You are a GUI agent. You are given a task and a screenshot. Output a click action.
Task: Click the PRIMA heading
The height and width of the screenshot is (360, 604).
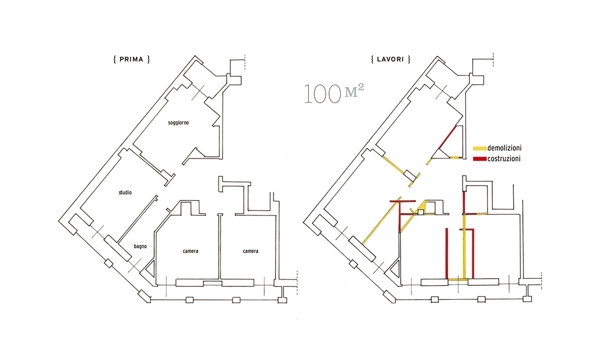point(131,59)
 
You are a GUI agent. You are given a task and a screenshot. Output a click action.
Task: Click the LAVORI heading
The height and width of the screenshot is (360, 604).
point(390,59)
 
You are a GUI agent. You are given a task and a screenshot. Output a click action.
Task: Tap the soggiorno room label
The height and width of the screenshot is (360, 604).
point(179,123)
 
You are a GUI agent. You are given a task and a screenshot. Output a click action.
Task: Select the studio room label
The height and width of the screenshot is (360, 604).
point(125,193)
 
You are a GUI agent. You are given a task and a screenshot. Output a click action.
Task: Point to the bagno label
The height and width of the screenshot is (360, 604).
point(140,246)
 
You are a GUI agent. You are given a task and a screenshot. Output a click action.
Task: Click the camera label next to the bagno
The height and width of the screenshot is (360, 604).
point(190,251)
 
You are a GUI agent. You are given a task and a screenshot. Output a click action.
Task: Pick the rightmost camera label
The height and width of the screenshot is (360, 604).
point(251,251)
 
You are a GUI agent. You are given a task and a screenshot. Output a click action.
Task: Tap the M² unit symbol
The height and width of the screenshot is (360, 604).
point(354,91)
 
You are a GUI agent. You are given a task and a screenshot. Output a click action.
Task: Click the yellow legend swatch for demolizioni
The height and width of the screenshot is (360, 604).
point(479,148)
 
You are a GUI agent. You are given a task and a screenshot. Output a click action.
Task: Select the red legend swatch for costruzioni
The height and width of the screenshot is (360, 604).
point(479,159)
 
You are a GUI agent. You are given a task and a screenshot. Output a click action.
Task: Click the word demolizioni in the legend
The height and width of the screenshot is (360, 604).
point(504,148)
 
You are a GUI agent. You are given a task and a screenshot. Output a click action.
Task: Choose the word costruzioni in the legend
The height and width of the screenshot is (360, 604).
point(504,159)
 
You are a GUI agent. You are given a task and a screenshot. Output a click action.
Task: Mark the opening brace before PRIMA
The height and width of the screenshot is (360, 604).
point(115,59)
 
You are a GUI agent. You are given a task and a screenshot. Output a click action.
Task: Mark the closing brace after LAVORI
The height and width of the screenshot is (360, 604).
point(409,59)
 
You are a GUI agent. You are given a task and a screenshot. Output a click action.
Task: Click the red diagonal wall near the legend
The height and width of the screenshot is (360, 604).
point(448,138)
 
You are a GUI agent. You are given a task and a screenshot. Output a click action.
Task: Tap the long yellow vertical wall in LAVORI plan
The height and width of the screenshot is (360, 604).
point(465,246)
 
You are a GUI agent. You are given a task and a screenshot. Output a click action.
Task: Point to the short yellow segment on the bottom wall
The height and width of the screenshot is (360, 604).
point(458,280)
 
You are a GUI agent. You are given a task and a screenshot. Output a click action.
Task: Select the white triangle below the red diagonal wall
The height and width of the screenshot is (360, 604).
point(439,155)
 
